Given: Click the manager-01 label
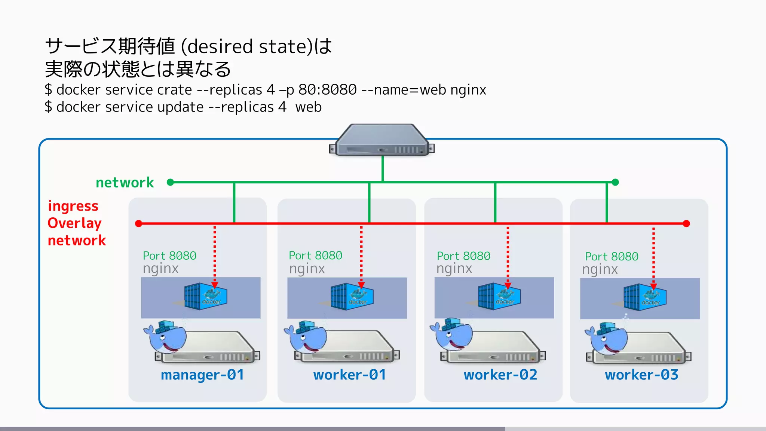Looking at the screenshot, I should tap(202, 375).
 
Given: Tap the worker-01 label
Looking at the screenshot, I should tap(349, 375).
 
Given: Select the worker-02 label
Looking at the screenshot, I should tap(500, 375).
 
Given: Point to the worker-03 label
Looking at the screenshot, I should tap(641, 375).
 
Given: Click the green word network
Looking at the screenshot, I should tap(125, 183).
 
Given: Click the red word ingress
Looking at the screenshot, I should tap(73, 206).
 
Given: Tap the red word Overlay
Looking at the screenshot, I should tap(74, 223).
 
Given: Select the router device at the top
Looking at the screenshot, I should tap(382, 141).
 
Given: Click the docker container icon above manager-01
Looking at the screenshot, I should tap(205, 296).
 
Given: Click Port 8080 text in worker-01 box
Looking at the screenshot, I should tap(315, 256).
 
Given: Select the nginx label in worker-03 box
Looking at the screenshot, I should tap(600, 269).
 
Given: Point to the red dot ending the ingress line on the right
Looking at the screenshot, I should tap(686, 224).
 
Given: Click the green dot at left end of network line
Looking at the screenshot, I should tap(170, 182).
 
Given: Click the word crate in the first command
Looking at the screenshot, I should tap(174, 90).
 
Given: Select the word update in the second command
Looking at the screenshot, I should tap(180, 107).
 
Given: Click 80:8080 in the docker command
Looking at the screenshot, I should tap(327, 90).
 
